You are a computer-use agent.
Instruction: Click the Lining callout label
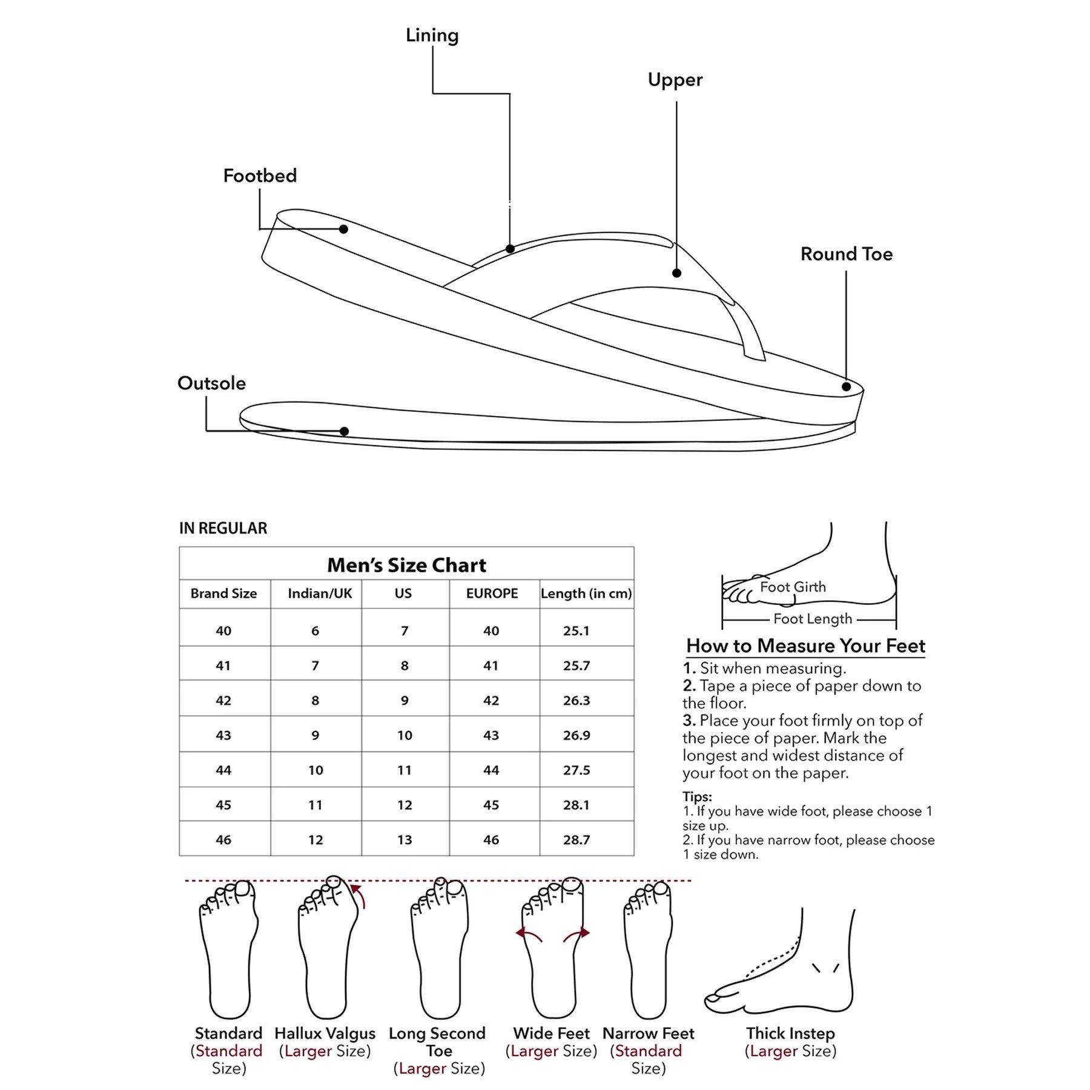[432, 36]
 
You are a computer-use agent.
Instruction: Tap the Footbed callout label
[260, 176]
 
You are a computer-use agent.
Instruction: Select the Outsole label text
[211, 383]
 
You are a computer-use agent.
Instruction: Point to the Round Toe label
[846, 254]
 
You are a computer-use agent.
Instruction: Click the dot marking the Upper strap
[677, 273]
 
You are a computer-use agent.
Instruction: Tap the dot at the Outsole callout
[344, 431]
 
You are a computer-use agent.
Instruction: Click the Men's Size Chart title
[406, 565]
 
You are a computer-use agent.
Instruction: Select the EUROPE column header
[492, 593]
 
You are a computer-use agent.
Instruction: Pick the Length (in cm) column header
[586, 593]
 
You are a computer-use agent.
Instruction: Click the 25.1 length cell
[576, 631]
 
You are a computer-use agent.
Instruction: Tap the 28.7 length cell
[576, 840]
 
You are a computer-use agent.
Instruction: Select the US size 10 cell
[405, 735]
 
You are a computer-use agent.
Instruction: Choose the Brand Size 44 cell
[223, 770]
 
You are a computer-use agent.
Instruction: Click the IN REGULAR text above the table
[223, 528]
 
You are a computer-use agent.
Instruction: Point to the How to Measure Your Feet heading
[805, 646]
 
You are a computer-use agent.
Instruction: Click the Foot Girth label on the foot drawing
[793, 587]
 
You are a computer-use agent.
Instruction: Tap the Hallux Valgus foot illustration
[327, 951]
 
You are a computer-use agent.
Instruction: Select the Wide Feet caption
[551, 1033]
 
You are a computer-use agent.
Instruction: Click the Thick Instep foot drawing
[781, 969]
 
